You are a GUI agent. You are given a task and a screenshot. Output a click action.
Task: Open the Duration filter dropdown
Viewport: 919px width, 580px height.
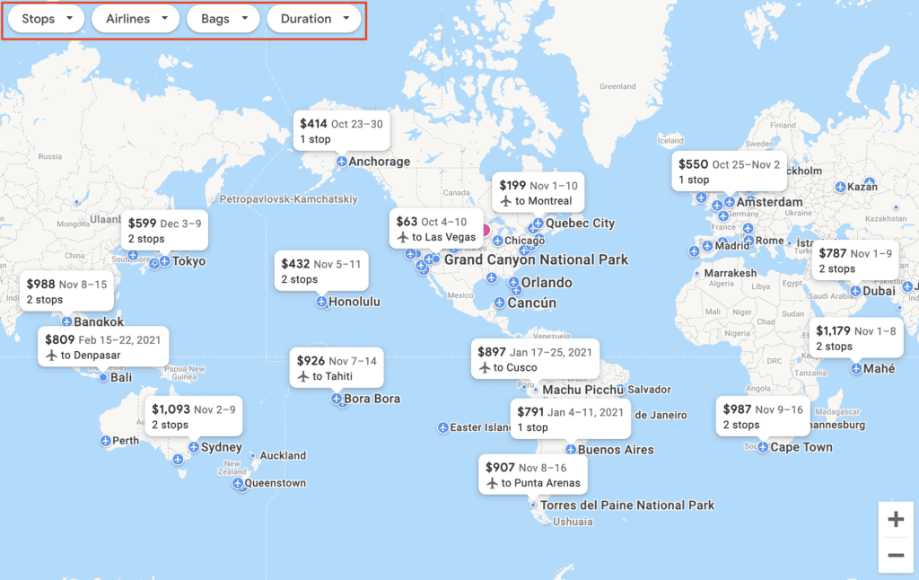click(x=314, y=19)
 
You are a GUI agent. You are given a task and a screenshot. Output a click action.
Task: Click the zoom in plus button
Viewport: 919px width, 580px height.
click(x=896, y=519)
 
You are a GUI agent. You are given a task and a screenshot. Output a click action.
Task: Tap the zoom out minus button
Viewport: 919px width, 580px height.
click(x=896, y=555)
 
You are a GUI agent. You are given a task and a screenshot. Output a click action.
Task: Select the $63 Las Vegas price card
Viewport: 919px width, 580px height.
click(x=436, y=229)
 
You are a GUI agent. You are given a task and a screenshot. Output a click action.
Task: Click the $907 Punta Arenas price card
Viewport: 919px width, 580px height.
click(x=533, y=475)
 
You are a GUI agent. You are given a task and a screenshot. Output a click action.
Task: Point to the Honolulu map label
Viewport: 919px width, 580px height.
click(x=354, y=303)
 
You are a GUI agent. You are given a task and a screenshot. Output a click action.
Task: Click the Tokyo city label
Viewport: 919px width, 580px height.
click(x=189, y=262)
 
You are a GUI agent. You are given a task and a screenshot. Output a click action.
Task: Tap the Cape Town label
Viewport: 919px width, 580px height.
click(x=801, y=447)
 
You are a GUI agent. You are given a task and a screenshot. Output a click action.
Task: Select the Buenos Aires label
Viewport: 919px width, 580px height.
click(x=616, y=450)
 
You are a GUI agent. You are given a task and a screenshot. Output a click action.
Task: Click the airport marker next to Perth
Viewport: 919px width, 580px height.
click(x=106, y=441)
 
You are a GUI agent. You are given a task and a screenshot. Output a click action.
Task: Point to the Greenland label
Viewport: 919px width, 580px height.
click(x=617, y=87)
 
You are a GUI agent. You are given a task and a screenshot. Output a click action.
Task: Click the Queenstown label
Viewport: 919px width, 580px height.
click(x=276, y=483)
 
